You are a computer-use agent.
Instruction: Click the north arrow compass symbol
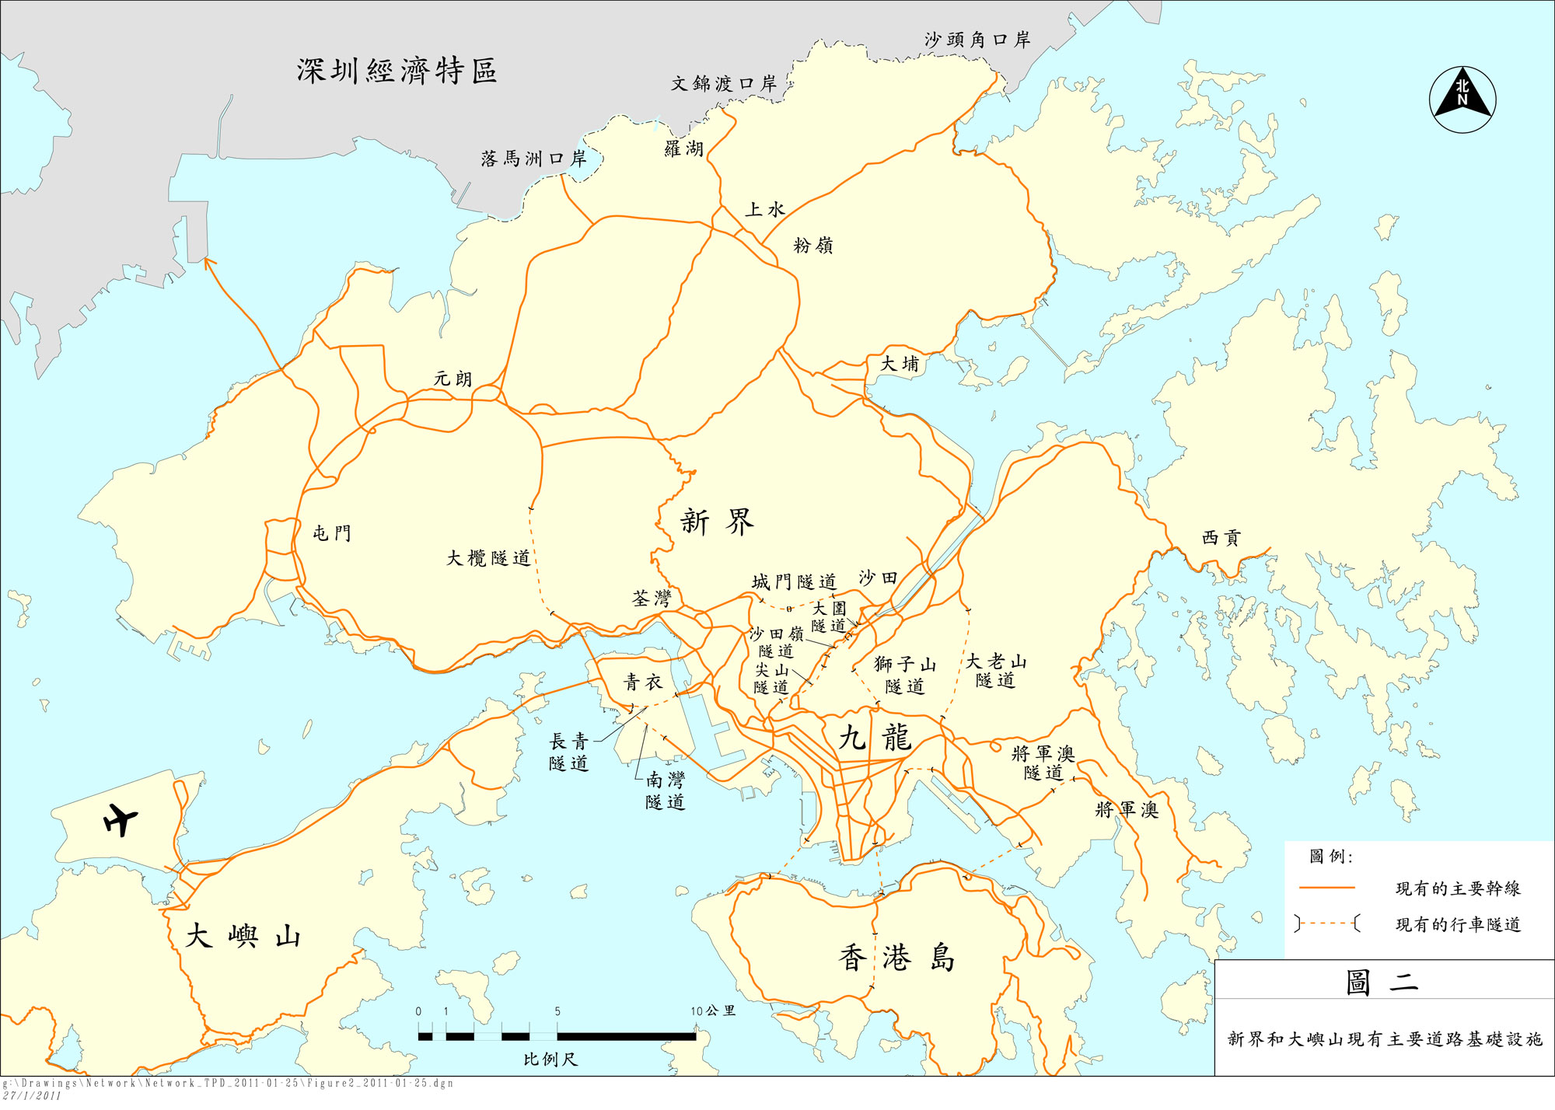(x=1462, y=99)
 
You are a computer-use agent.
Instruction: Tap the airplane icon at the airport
(x=121, y=819)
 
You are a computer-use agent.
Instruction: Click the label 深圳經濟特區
(x=397, y=71)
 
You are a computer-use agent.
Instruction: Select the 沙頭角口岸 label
(x=977, y=40)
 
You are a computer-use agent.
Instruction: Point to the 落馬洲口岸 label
(x=533, y=159)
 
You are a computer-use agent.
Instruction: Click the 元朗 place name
(x=453, y=379)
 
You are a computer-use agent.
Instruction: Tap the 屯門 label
(x=332, y=533)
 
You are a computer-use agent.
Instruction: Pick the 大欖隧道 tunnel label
(x=488, y=558)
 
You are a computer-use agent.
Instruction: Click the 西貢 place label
(x=1221, y=538)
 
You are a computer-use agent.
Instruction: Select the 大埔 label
(x=900, y=364)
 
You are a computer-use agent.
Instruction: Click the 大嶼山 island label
(x=243, y=936)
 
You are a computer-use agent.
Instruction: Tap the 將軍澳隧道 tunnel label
(x=1043, y=763)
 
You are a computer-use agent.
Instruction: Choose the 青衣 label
(x=643, y=682)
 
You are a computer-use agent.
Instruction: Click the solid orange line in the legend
(x=1326, y=888)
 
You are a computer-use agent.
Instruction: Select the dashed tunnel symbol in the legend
(x=1327, y=923)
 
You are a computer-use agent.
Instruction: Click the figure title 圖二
(x=1382, y=983)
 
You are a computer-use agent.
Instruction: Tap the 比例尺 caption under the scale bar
(x=550, y=1059)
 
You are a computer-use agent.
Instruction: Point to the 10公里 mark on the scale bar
(x=713, y=1011)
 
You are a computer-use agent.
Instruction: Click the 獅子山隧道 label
(x=905, y=675)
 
